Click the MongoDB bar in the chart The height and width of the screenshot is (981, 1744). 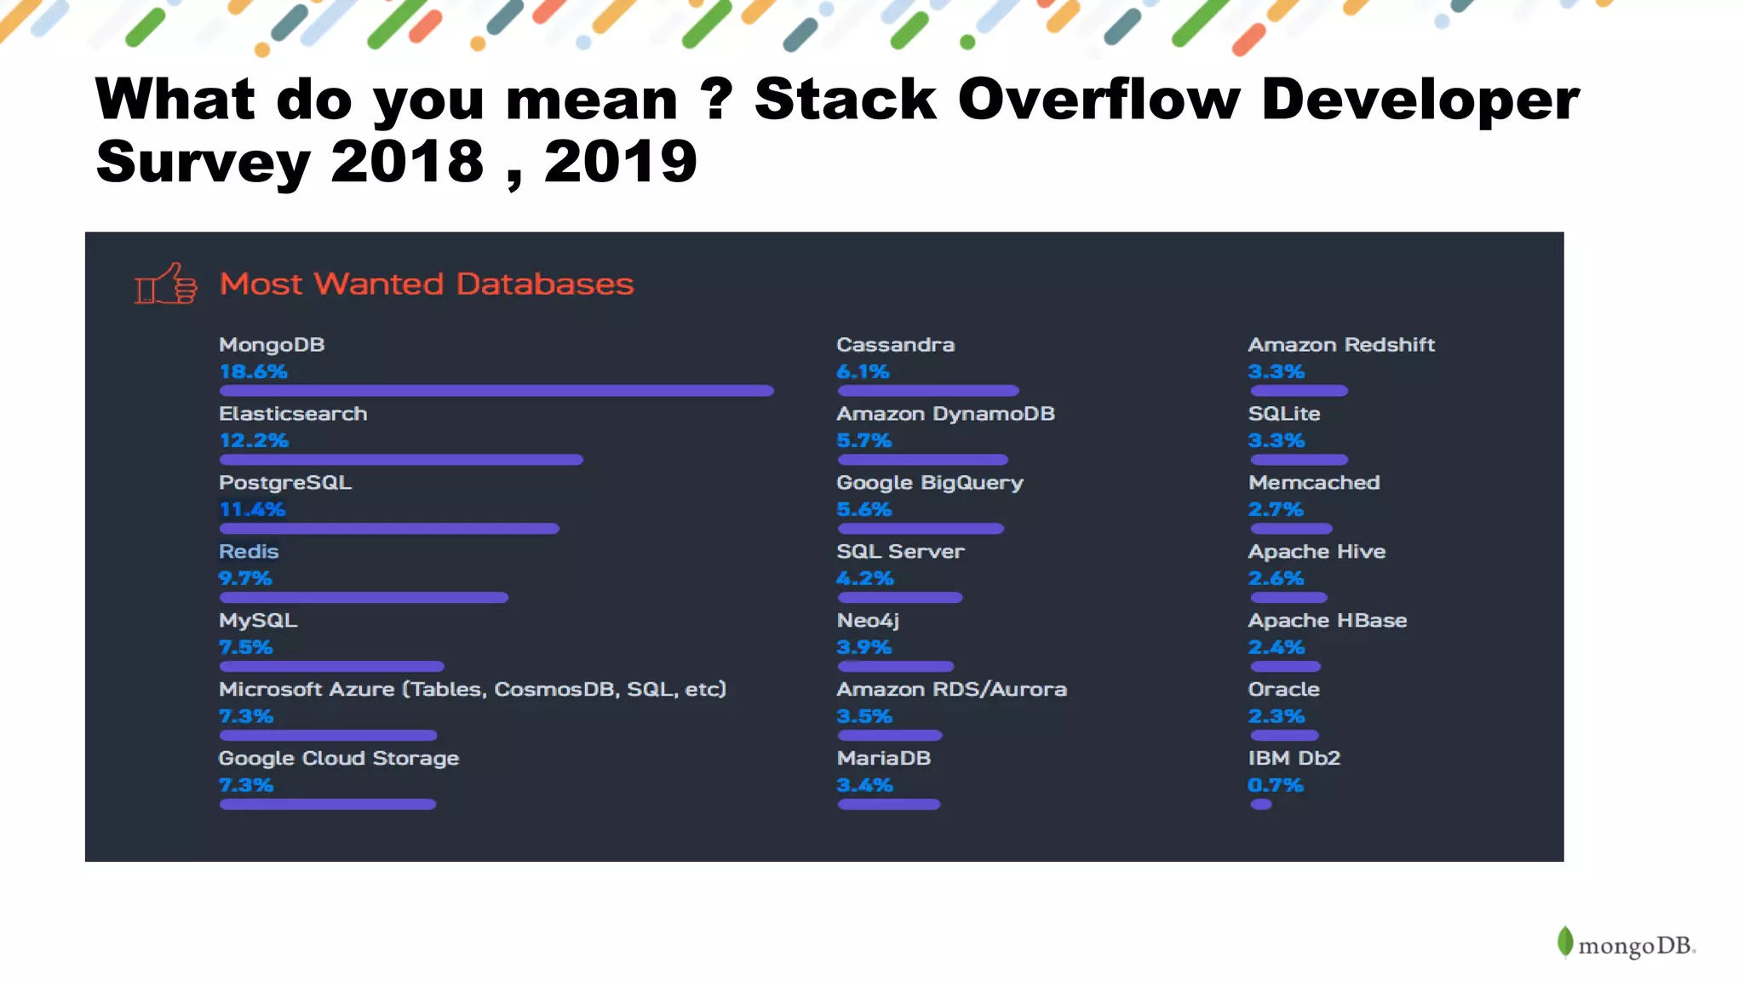click(496, 391)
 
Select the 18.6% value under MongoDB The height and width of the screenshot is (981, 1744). click(253, 371)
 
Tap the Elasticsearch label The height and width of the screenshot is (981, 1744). click(293, 414)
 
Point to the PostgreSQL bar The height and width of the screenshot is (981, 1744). click(389, 529)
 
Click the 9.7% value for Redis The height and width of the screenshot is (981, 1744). click(244, 578)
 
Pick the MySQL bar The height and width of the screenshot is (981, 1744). click(331, 667)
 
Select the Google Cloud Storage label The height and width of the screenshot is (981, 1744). click(338, 758)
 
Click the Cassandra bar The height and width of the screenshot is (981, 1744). click(928, 391)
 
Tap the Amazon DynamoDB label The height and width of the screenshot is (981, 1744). click(945, 414)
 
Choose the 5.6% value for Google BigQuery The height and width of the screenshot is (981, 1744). click(863, 509)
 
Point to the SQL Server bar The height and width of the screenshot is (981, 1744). click(900, 598)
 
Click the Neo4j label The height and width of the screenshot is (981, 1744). click(868, 621)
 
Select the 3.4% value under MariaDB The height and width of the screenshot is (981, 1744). click(864, 785)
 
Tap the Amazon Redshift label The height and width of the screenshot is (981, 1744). click(1341, 345)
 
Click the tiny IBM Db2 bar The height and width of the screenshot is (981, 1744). click(1261, 805)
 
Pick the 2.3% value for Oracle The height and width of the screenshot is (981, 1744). click(1276, 716)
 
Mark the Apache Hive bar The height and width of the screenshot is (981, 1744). click(1288, 598)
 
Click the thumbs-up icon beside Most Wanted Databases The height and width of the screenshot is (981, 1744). click(166, 284)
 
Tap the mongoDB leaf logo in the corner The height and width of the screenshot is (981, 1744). click(1565, 943)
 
